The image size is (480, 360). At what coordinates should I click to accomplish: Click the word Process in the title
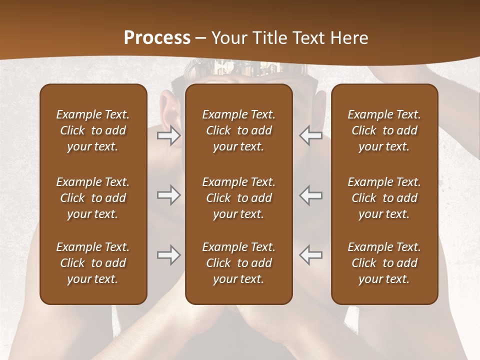[157, 38]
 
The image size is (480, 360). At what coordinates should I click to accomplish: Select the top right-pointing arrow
[169, 135]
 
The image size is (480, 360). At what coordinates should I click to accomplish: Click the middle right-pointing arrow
[169, 195]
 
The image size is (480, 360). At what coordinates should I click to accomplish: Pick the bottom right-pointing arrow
[169, 255]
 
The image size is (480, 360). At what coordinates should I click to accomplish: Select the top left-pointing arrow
[311, 135]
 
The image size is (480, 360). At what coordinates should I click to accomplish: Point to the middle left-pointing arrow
[311, 195]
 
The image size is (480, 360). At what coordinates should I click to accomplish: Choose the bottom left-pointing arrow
[311, 255]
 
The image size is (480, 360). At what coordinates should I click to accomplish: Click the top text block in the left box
[93, 130]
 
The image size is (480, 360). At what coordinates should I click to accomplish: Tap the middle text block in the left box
[93, 198]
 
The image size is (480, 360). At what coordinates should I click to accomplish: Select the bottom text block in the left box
[93, 263]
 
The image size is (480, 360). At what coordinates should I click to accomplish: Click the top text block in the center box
[239, 130]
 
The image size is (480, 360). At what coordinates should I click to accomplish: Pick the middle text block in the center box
[239, 198]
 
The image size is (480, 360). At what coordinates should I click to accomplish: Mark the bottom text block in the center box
[239, 263]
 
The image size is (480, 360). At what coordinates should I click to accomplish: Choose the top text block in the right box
[384, 130]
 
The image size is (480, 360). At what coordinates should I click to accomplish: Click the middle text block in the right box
[384, 198]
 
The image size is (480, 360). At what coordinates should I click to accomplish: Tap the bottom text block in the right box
[384, 263]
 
